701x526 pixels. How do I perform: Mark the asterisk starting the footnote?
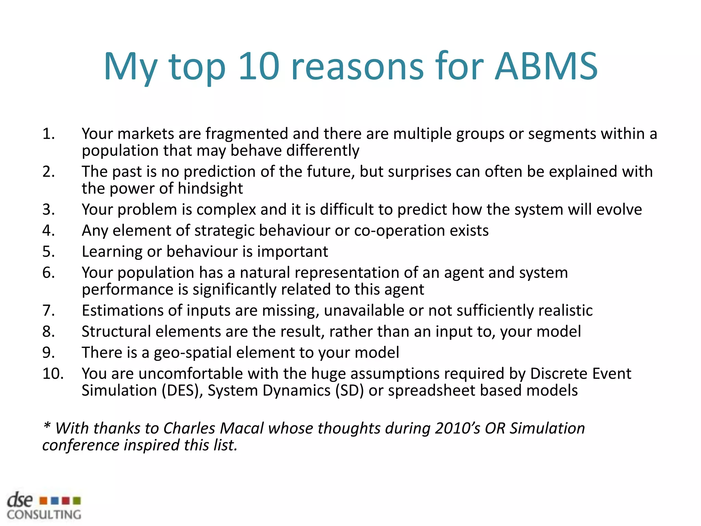click(47, 426)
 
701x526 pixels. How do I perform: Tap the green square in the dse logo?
click(77, 501)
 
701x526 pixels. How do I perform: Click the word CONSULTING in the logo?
click(44, 515)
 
